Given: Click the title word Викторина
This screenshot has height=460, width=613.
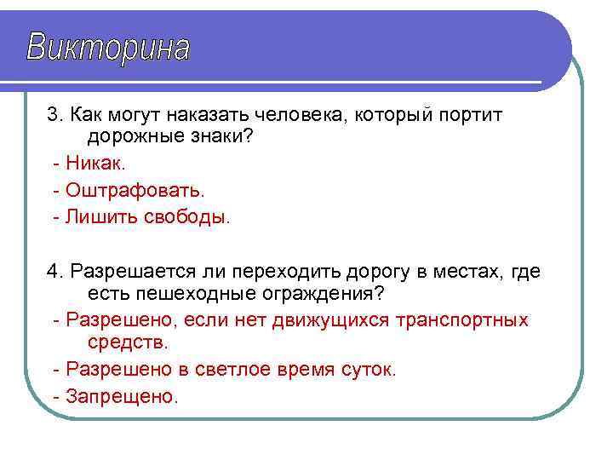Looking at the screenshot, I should click(108, 48).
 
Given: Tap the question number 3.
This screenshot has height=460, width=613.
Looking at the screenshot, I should click(53, 114).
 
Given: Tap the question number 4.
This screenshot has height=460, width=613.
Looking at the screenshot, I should click(53, 272).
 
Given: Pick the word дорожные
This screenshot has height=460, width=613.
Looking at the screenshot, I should click(135, 136).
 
